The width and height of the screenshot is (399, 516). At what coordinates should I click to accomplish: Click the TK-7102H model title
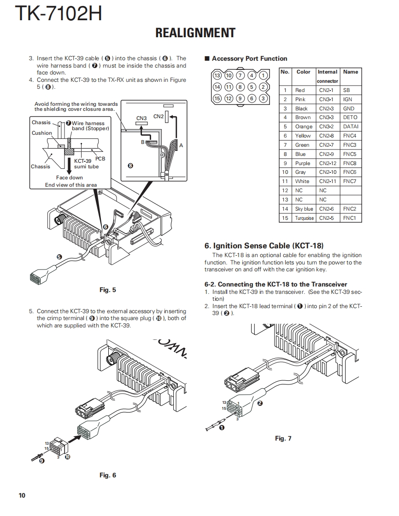tap(59, 13)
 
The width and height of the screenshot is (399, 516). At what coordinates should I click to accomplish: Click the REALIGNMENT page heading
tap(195, 33)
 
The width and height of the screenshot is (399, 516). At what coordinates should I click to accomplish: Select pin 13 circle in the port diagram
tap(217, 76)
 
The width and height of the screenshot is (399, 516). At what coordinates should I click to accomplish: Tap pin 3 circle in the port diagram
tap(263, 98)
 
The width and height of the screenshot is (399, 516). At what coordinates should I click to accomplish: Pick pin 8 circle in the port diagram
tap(240, 87)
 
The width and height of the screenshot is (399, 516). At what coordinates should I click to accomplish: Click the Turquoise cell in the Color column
tap(304, 218)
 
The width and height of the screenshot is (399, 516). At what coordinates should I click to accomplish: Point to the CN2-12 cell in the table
tap(328, 163)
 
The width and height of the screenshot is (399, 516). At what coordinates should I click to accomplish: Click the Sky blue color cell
tap(304, 209)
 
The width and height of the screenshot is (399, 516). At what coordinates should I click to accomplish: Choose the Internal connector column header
tap(328, 76)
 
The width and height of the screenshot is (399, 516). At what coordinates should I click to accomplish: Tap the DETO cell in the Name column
tap(350, 118)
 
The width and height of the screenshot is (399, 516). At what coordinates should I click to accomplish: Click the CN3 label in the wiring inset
tap(141, 119)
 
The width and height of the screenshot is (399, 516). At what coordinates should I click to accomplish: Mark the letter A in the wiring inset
tap(181, 145)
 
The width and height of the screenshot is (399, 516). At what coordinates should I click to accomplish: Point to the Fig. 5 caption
tap(108, 290)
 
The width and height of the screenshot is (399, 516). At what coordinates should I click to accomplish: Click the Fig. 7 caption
tap(283, 438)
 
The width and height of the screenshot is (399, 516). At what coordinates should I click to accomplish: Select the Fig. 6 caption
tap(108, 475)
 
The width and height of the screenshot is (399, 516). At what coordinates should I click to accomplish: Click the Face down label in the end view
tap(70, 178)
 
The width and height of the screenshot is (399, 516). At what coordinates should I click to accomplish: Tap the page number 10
tap(22, 495)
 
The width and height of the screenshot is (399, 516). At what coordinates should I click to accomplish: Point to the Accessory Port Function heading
tap(249, 59)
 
